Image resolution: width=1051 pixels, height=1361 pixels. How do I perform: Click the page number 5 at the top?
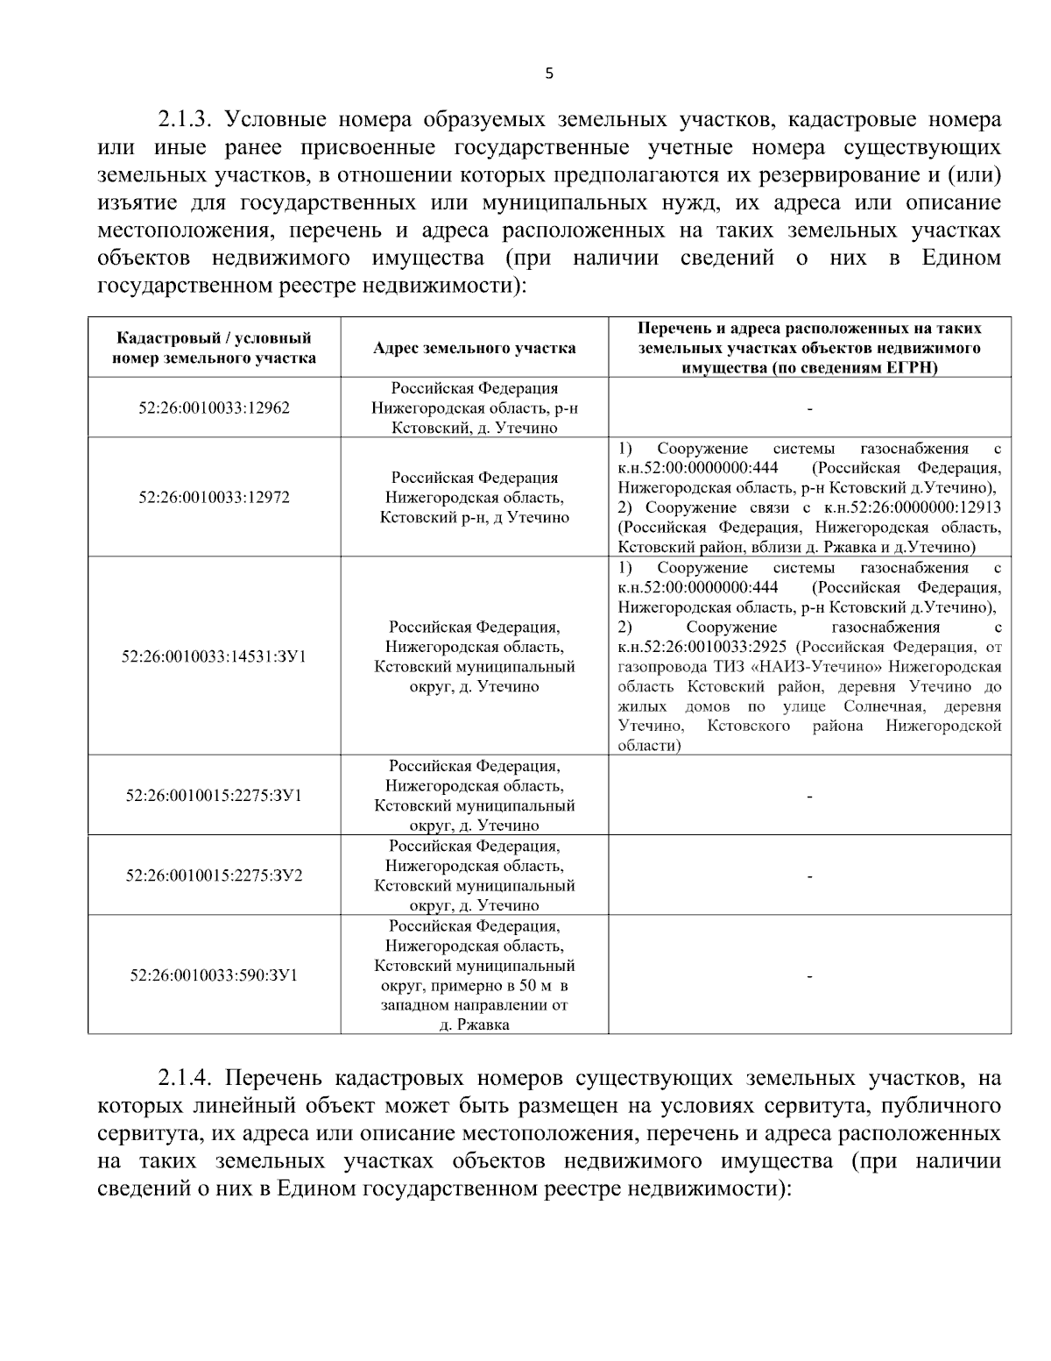549,74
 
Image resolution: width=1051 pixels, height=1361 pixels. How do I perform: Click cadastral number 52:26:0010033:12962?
214,408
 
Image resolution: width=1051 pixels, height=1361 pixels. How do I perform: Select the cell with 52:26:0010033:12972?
214,497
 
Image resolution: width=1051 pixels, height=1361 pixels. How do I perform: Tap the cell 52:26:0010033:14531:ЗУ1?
214,656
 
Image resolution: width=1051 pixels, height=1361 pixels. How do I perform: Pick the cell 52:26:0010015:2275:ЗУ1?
214,796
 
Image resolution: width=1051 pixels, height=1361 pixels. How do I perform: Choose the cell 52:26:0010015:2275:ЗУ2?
214,875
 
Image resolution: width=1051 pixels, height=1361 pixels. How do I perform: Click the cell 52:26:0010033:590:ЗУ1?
214,975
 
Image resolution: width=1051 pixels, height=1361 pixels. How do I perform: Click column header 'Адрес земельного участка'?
474,348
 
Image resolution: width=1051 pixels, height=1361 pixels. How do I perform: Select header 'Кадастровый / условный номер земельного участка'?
214,347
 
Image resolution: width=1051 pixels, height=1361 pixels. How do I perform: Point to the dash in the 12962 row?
809,408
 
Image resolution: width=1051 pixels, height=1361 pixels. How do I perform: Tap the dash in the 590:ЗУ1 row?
809,975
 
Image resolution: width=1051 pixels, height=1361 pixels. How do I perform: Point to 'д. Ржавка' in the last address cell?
474,1024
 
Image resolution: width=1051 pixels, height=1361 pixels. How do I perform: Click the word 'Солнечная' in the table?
876,706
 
